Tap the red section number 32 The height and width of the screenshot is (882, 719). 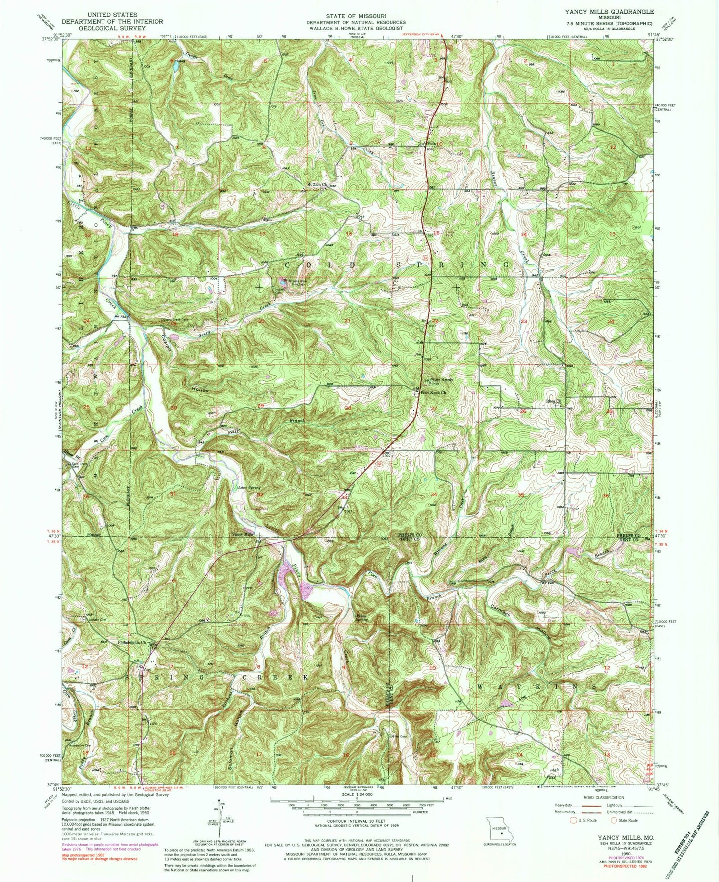260,495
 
